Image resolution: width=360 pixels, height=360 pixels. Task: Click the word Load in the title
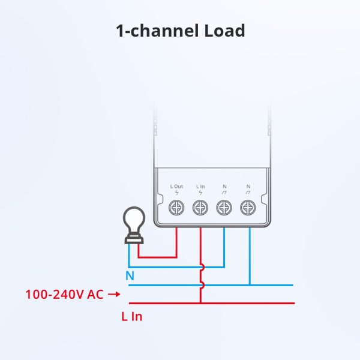tap(222, 31)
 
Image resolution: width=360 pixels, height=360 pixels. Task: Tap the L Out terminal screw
tap(177, 208)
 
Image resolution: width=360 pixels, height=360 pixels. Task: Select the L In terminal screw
tap(200, 208)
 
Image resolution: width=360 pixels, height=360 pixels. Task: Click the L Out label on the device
tap(177, 187)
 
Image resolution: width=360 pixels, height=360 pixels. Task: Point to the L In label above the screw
tap(200, 187)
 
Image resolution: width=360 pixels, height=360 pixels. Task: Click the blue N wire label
tap(130, 277)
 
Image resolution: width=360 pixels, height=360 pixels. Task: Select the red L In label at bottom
tap(131, 316)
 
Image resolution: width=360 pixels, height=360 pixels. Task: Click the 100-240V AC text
tap(64, 295)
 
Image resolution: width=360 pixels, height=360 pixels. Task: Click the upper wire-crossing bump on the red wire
tap(202, 268)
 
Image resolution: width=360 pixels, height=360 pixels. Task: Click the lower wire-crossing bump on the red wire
tap(202, 285)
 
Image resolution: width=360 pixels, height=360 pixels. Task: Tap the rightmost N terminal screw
tap(247, 208)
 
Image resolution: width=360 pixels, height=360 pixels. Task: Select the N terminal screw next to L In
tap(224, 208)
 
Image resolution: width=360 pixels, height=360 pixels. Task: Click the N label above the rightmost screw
tap(248, 187)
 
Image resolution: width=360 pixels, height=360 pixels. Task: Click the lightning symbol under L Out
tap(177, 193)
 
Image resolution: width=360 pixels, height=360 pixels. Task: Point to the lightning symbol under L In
tap(200, 193)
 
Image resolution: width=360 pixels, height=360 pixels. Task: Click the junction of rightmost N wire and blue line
tap(249, 285)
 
